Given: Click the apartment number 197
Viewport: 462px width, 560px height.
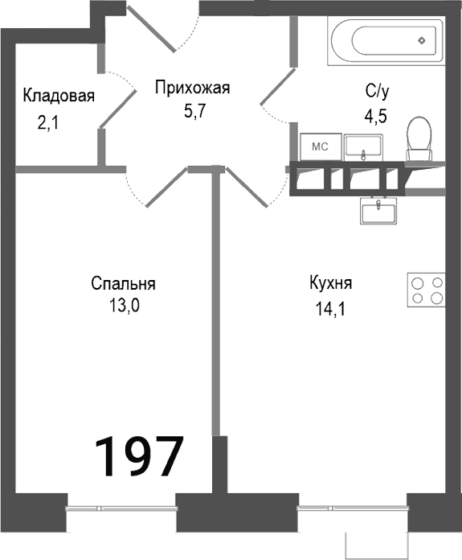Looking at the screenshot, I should (140, 456).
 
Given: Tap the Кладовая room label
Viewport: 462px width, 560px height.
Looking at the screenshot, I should (59, 96).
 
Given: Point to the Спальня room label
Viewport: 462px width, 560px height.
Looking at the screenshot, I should (123, 283).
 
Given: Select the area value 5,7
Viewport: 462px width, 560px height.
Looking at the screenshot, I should (194, 111).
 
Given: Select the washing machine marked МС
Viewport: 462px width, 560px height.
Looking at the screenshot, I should (319, 146).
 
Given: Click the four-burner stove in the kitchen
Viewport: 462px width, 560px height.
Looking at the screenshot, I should (426, 290).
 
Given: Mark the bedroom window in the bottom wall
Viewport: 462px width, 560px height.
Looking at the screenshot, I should (121, 507).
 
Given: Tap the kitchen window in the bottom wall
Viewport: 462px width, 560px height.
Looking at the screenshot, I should (352, 507).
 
